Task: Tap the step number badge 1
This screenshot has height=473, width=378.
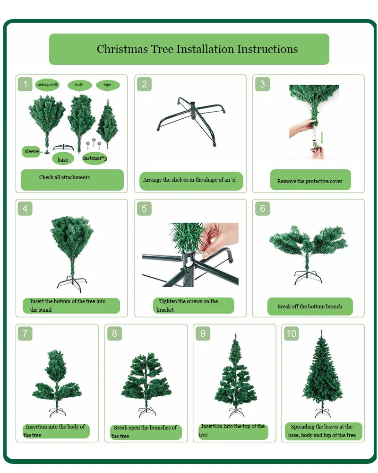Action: pyautogui.click(x=26, y=85)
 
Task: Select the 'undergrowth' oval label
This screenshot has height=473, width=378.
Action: pyautogui.click(x=47, y=85)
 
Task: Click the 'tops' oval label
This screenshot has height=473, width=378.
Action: pyautogui.click(x=108, y=85)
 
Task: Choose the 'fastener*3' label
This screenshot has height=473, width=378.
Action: pyautogui.click(x=94, y=158)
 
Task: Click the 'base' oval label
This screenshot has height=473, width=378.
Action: pyautogui.click(x=63, y=159)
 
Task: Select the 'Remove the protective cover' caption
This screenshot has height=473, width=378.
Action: pyautogui.click(x=310, y=181)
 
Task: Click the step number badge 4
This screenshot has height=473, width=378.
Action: pyautogui.click(x=25, y=209)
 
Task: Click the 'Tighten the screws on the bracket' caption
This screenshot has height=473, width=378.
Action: pyautogui.click(x=193, y=306)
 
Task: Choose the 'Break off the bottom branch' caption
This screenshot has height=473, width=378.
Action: pyautogui.click(x=309, y=306)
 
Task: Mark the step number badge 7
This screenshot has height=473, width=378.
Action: pyautogui.click(x=25, y=333)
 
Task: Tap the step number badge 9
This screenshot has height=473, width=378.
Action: pyautogui.click(x=203, y=333)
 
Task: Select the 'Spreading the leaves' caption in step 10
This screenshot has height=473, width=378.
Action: pyautogui.click(x=322, y=431)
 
